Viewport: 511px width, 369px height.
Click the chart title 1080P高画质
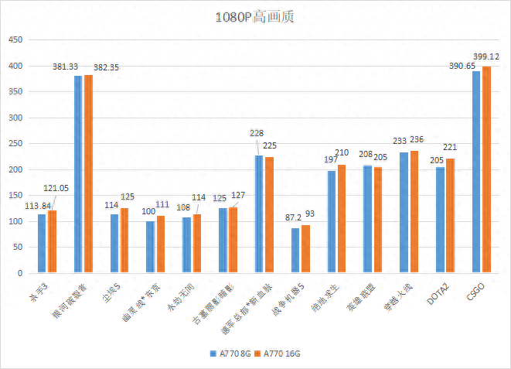[x=255, y=17]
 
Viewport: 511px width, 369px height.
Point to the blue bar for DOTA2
[x=440, y=220]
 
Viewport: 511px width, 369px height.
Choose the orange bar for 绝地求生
[x=342, y=219]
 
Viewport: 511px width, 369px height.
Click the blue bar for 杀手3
[x=42, y=243]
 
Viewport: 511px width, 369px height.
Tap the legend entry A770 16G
[x=279, y=353]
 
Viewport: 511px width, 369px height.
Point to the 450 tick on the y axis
[x=15, y=40]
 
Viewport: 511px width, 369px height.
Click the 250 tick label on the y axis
[x=15, y=144]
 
